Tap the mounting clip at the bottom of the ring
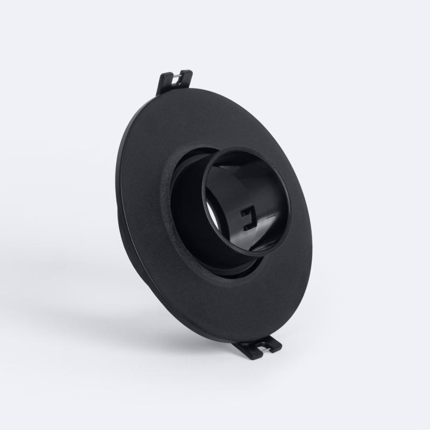(x=260, y=347)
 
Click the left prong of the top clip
(x=163, y=85)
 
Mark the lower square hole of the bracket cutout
(x=247, y=226)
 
